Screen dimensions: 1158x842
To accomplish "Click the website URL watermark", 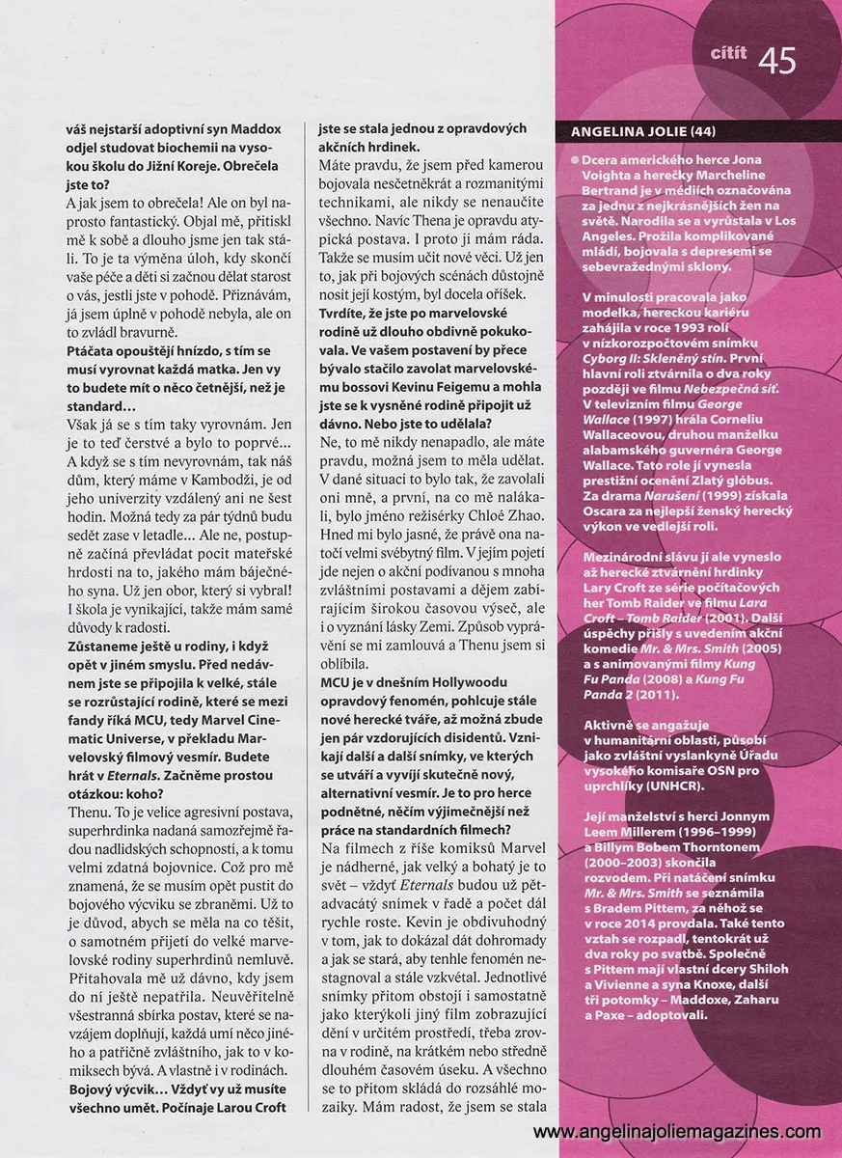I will click(x=677, y=1132).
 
